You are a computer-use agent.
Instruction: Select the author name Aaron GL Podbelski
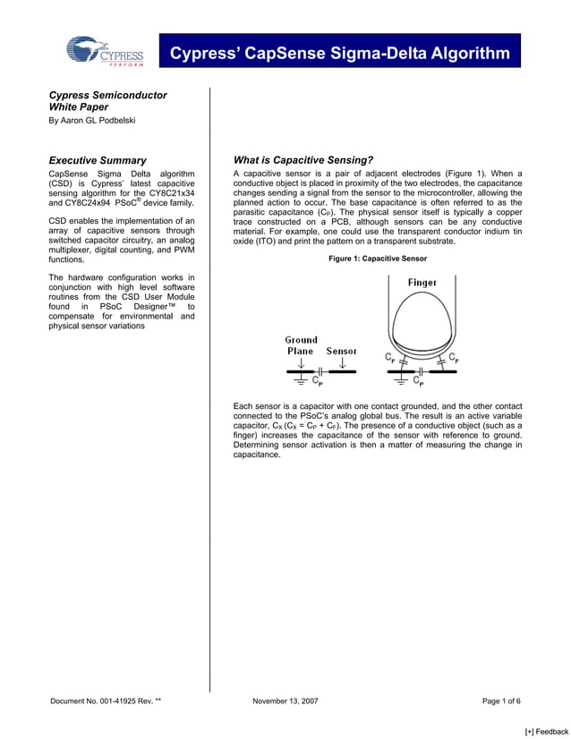click(92, 121)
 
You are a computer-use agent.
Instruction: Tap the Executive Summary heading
click(98, 160)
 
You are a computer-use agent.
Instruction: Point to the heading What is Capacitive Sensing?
click(303, 160)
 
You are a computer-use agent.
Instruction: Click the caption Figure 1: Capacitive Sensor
click(378, 259)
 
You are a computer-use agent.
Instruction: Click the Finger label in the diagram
click(422, 283)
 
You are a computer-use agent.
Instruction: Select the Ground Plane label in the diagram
click(301, 345)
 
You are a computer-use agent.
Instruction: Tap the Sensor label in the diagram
click(342, 352)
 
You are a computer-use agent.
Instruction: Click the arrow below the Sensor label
click(342, 363)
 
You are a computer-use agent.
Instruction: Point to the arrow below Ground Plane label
click(301, 363)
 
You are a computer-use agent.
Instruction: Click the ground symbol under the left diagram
click(301, 381)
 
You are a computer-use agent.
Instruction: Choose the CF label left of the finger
click(391, 358)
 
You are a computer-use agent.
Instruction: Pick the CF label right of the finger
click(455, 358)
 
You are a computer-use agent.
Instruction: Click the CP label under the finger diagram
click(420, 383)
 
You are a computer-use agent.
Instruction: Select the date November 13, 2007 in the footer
click(285, 701)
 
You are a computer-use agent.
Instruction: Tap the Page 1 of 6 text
click(501, 701)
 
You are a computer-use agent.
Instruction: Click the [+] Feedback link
click(546, 731)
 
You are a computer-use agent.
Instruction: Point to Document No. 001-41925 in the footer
click(106, 701)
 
